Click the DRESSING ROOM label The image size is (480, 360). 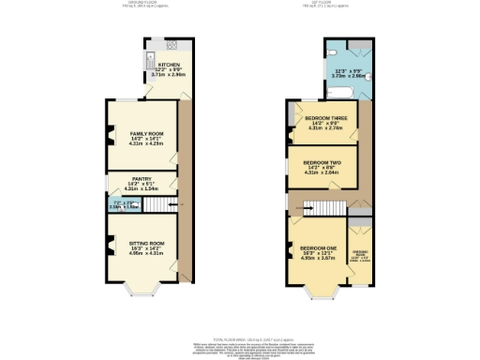[x=359, y=253]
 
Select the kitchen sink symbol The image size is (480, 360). [x=150, y=61]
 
